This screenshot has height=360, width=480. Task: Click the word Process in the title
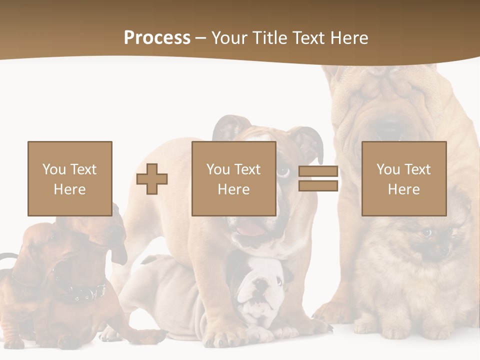coord(157,38)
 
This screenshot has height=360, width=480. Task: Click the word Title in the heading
coord(269,38)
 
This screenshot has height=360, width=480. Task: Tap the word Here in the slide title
coord(348,38)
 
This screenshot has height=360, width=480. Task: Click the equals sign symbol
coord(318,179)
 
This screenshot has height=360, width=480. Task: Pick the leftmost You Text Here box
coord(70,179)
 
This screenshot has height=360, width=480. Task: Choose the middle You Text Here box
coord(234,179)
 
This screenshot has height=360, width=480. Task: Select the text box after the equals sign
coord(404,179)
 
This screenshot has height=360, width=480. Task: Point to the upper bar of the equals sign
coord(318,171)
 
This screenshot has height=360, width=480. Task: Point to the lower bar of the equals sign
coord(318,186)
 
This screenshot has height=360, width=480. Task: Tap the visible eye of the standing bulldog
coord(283,171)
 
